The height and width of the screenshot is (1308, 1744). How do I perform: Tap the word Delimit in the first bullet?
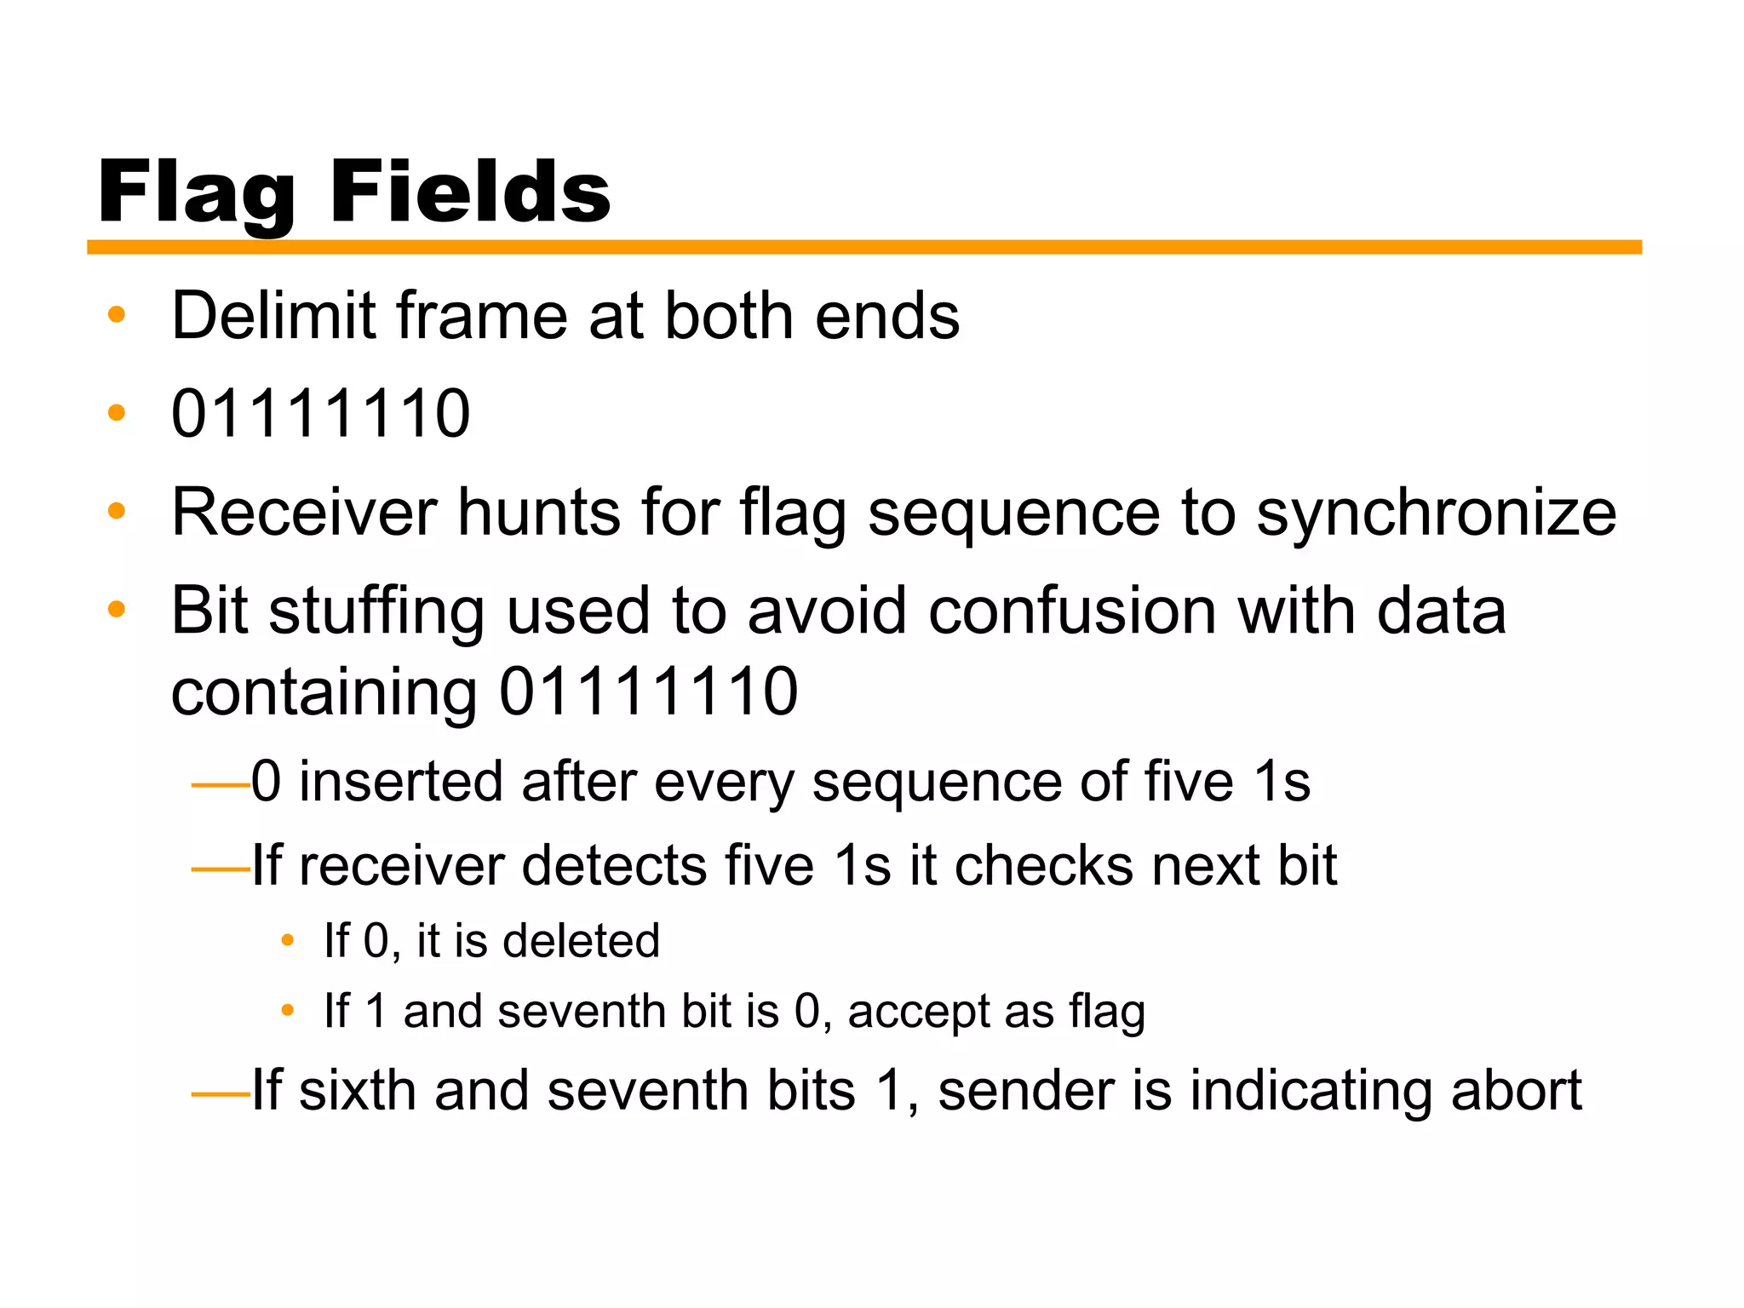coord(273,316)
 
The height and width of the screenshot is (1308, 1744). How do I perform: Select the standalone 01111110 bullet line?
coord(320,414)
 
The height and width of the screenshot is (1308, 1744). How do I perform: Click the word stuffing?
coord(376,611)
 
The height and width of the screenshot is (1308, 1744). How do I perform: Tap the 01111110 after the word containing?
coord(648,691)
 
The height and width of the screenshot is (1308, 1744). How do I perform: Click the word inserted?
coord(399,782)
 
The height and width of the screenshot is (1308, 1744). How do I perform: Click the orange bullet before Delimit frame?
coord(117,315)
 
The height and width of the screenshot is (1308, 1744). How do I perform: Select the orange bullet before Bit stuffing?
coord(117,610)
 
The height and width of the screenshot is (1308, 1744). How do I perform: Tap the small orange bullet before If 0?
coord(288,941)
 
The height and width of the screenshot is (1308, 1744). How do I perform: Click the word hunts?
coord(539,513)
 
